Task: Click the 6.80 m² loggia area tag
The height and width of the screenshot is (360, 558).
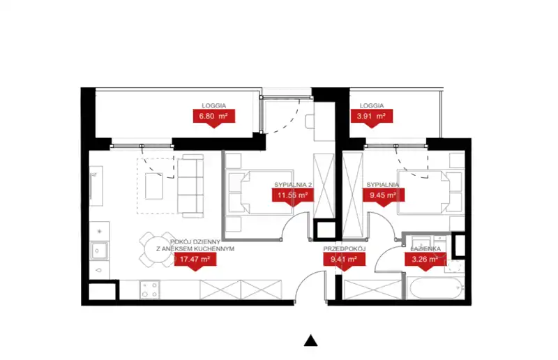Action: point(214,117)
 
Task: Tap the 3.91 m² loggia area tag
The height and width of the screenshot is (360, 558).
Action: point(372,117)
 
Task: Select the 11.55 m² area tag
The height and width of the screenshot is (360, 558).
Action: point(293,195)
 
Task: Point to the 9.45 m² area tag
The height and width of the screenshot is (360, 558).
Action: point(383,195)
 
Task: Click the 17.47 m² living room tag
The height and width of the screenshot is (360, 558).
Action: point(195,260)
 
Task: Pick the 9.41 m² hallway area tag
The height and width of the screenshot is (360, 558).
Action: point(344,260)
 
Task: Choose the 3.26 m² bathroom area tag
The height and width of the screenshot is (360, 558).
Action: point(425,260)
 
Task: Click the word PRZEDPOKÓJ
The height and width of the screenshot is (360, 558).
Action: point(344,249)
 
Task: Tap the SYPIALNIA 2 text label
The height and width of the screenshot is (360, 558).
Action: point(293,185)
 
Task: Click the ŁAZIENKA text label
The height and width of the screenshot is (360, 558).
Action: point(425,248)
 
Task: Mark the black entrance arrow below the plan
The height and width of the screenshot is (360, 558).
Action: point(310,340)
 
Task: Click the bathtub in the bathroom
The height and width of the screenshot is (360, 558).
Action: point(435,288)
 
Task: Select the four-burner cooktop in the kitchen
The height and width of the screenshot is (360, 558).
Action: point(150,290)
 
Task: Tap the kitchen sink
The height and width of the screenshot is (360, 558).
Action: point(99,250)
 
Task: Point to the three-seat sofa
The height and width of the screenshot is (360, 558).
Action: point(190,186)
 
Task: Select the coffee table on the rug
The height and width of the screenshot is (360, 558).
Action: point(154,186)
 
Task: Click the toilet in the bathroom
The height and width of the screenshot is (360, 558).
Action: point(455,266)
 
